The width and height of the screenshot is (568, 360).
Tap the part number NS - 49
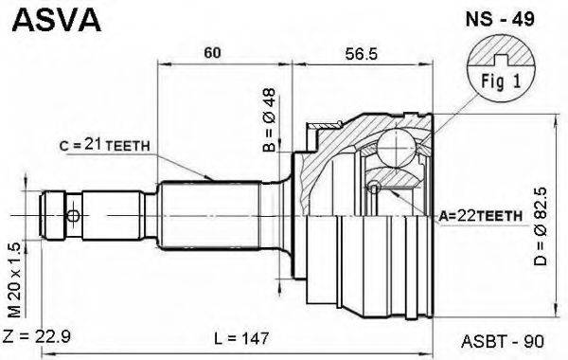500,19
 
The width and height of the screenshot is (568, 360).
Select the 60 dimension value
212,53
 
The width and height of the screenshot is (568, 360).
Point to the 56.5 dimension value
362,54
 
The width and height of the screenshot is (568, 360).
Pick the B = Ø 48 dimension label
269,120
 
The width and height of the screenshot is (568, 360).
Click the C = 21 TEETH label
105,145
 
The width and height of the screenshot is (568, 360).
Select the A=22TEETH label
480,216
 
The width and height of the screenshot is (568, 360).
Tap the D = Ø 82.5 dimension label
541,226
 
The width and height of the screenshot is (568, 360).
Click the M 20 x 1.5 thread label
15,279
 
